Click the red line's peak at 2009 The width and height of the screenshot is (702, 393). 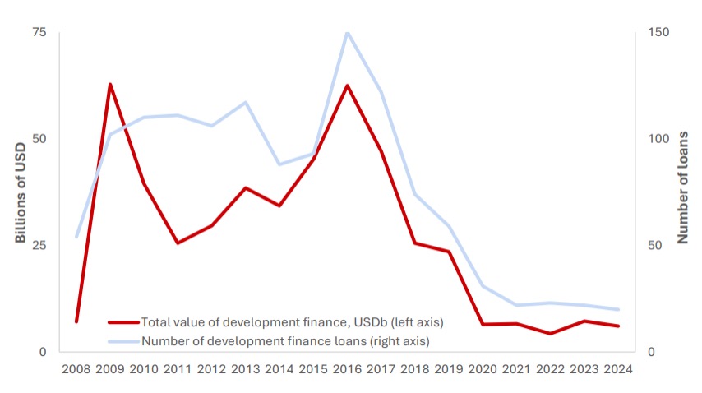110,84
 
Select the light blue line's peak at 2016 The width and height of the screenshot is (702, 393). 347,32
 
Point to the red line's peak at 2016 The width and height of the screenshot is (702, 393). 347,86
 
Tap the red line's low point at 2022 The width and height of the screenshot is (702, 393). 550,334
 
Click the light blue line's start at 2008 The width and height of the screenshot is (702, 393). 76,237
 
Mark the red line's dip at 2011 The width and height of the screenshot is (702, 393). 178,243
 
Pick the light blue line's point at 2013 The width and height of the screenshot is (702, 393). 245,102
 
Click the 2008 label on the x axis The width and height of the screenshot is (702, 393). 76,368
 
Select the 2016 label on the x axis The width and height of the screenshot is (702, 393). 347,368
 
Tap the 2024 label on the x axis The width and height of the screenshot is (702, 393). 617,368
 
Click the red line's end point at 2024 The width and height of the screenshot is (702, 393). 617,326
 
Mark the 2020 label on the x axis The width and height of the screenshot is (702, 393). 483,368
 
